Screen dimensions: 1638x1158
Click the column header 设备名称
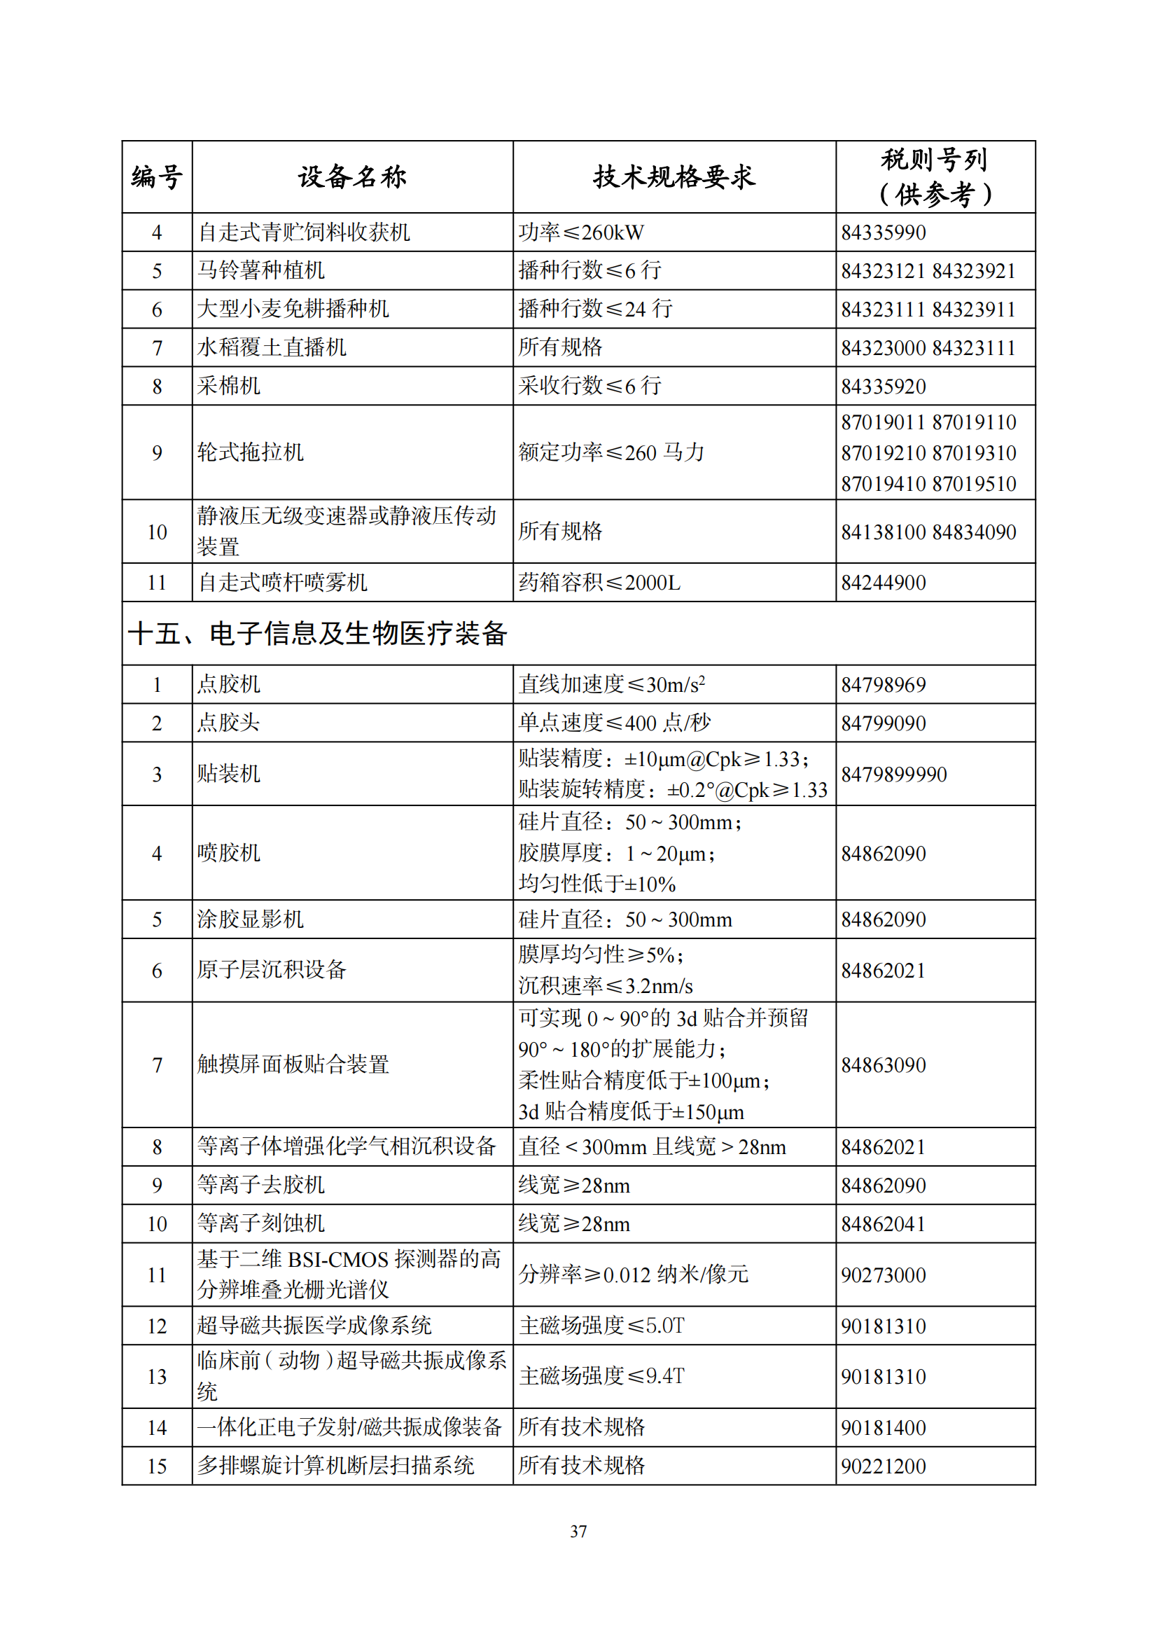(x=352, y=176)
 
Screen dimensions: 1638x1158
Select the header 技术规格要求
(x=674, y=176)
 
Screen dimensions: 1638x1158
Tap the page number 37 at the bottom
(x=578, y=1531)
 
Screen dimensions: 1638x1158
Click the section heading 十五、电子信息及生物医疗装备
(x=317, y=634)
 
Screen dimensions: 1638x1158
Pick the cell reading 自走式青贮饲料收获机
(x=304, y=232)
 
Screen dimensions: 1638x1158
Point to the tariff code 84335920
(x=883, y=386)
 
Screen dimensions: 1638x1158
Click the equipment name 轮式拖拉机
(x=250, y=452)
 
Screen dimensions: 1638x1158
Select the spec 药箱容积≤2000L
(x=599, y=582)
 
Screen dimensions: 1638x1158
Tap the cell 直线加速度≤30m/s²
(x=612, y=684)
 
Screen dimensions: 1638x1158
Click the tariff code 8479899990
(x=893, y=774)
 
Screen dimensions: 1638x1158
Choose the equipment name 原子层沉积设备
(x=272, y=969)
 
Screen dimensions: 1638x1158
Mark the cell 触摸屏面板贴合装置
(x=293, y=1064)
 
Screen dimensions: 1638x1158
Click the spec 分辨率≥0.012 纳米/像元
(x=633, y=1274)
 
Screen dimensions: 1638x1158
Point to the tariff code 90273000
(x=883, y=1275)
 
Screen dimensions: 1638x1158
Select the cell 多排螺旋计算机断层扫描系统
(x=335, y=1465)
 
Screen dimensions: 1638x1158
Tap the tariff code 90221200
(x=883, y=1466)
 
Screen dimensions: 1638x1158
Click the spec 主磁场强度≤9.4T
(x=601, y=1375)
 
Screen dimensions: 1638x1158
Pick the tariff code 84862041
(x=883, y=1223)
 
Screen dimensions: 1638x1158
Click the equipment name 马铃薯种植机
(x=261, y=270)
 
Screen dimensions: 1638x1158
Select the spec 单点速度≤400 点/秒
(x=614, y=723)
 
